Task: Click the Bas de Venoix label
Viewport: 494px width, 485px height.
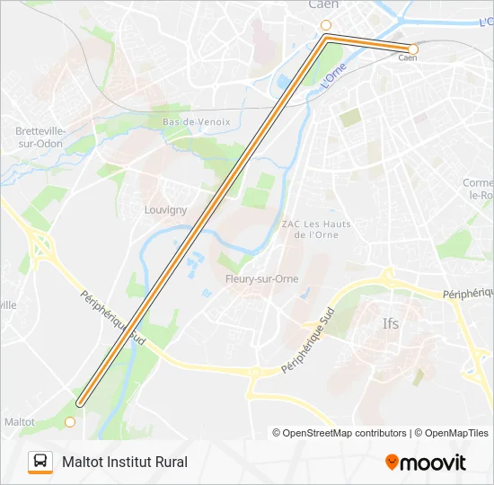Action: (x=197, y=121)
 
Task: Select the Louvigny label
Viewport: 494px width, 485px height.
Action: (x=165, y=210)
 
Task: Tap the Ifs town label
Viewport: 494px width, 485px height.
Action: (x=390, y=323)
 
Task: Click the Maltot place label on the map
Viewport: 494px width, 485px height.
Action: (x=19, y=421)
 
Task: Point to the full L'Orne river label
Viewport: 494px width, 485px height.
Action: (x=333, y=82)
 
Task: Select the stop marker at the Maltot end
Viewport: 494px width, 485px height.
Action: (x=70, y=420)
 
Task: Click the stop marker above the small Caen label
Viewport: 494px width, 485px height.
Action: (x=413, y=48)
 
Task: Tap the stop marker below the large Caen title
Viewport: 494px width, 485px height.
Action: (x=326, y=25)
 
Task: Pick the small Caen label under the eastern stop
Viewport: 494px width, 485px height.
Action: (x=408, y=58)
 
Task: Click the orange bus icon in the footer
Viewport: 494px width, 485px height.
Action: (x=40, y=462)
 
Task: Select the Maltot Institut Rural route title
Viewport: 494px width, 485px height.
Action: (x=125, y=462)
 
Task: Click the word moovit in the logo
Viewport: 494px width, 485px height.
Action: (x=433, y=463)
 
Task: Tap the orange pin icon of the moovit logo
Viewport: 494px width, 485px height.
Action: (x=392, y=463)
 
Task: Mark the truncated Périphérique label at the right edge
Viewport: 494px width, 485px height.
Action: (x=468, y=294)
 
